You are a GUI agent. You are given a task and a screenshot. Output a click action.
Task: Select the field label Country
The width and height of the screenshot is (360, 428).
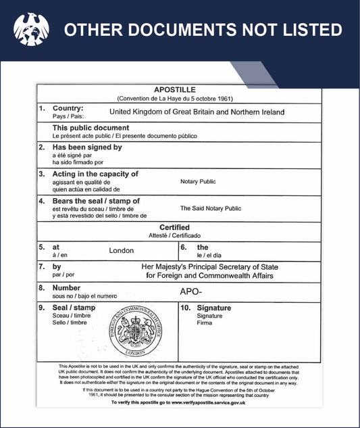[x=68, y=108]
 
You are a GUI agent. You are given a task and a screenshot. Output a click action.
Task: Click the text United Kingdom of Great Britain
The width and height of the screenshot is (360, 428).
[x=169, y=112]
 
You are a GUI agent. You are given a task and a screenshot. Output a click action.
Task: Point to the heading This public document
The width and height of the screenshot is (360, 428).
[x=91, y=128]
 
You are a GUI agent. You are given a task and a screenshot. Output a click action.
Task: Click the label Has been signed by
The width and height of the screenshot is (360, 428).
[x=87, y=147]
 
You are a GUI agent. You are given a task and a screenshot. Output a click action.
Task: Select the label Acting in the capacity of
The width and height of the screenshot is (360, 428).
[x=95, y=174]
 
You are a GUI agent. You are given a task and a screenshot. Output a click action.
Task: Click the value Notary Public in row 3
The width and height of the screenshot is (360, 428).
[x=198, y=181]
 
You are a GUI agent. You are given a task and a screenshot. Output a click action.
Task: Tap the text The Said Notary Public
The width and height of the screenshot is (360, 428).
[x=210, y=208]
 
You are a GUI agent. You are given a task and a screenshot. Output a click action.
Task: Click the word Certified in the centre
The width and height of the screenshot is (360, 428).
[x=174, y=228]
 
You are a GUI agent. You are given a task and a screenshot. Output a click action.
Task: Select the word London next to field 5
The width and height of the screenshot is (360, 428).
[x=122, y=250]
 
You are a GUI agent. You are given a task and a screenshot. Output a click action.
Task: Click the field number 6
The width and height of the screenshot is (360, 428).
[x=183, y=247]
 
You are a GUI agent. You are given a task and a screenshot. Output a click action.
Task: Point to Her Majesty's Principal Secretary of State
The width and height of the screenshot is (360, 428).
[x=209, y=267]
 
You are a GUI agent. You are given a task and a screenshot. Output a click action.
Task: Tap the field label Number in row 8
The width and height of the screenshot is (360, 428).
[x=66, y=288]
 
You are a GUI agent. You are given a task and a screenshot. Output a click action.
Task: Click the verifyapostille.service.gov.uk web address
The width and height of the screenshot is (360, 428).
[x=207, y=402]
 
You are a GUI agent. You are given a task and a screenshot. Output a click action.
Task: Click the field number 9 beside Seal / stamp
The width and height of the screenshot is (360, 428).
[x=42, y=308]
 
